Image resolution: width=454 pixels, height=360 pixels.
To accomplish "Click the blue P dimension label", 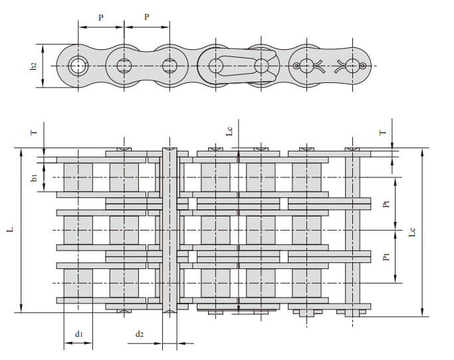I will click(x=101, y=18).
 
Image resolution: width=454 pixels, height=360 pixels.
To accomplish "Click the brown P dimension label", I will click(x=147, y=17).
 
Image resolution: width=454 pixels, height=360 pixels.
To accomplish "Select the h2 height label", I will click(x=33, y=66).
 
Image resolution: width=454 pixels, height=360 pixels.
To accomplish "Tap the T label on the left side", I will click(x=33, y=133).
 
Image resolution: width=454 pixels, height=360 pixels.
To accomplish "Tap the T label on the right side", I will click(x=382, y=133).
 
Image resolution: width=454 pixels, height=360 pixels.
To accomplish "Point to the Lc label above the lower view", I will click(x=229, y=132).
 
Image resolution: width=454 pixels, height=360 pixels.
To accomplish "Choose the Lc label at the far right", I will click(x=412, y=232).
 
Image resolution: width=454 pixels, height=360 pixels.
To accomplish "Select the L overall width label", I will click(x=10, y=230).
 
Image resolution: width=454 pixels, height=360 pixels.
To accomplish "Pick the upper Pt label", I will click(x=386, y=204).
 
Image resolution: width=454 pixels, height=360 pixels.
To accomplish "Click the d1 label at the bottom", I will click(x=78, y=333).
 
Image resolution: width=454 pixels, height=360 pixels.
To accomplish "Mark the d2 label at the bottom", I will click(x=139, y=333).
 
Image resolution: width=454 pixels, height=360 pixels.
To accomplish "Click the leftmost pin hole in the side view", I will click(x=78, y=66).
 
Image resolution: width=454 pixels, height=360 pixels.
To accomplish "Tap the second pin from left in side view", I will click(x=124, y=66).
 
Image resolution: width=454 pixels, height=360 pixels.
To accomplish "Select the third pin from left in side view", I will click(x=170, y=66).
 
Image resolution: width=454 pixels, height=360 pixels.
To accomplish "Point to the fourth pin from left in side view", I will click(x=215, y=66).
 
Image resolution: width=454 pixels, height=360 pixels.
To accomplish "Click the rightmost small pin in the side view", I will click(x=363, y=66).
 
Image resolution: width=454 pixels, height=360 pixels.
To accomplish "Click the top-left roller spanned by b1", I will click(x=78, y=177).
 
